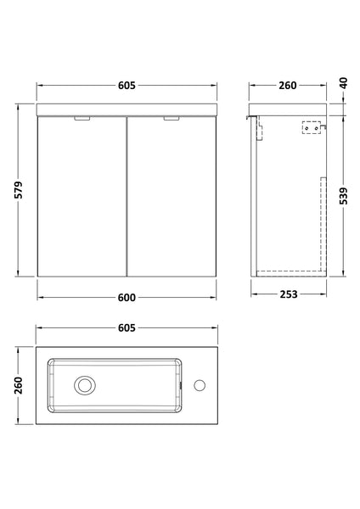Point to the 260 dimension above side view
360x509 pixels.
click(x=287, y=85)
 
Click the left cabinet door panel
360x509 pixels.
click(x=82, y=199)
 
